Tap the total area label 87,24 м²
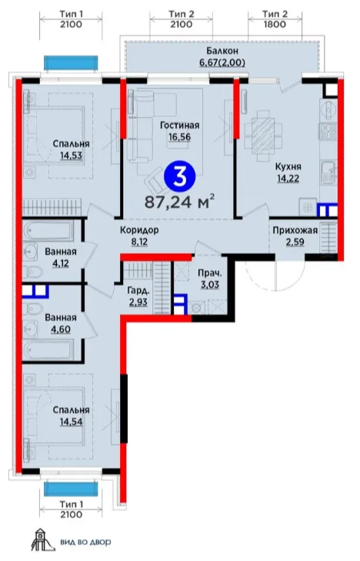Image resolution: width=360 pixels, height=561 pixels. (x=179, y=202)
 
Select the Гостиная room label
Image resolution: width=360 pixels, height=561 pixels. (x=179, y=125)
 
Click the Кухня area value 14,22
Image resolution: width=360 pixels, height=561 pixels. (x=288, y=178)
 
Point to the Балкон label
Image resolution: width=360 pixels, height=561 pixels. (x=222, y=51)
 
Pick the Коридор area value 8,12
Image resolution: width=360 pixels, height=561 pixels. (x=139, y=242)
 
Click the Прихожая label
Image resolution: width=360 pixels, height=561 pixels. (x=295, y=230)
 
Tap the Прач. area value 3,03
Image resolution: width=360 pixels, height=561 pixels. (x=210, y=286)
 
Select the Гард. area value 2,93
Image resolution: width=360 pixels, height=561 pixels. (x=138, y=302)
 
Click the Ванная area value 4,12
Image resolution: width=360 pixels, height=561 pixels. (x=61, y=264)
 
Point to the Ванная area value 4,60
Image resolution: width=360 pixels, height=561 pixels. (x=61, y=329)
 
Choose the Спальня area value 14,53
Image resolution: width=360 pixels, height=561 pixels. (x=71, y=155)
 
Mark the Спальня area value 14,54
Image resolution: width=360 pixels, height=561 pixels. (x=71, y=422)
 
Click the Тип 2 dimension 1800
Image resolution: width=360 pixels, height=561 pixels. (x=275, y=25)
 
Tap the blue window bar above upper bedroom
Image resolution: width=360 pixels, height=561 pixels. (x=71, y=63)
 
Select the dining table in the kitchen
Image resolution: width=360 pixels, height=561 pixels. (x=263, y=136)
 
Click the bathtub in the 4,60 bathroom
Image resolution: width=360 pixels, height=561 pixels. (x=48, y=349)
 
